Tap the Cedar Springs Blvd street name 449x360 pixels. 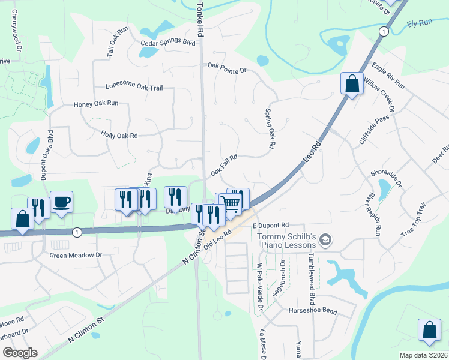(x=169, y=43)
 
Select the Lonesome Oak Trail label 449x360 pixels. (x=134, y=87)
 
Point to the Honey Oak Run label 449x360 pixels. (x=96, y=104)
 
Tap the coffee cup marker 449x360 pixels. (x=61, y=202)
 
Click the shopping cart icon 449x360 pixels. (x=231, y=203)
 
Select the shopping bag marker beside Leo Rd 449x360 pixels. (x=352, y=84)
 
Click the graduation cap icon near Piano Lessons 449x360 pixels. (x=325, y=240)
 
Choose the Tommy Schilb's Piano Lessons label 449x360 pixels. (x=286, y=241)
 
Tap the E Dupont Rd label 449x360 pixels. (x=271, y=225)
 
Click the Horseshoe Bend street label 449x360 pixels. (x=313, y=311)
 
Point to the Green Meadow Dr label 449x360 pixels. (x=76, y=254)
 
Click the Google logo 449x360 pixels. (x=20, y=352)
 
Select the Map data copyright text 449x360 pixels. (x=424, y=355)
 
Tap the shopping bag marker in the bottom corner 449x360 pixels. (x=430, y=331)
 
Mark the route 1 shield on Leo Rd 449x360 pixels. (x=382, y=31)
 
